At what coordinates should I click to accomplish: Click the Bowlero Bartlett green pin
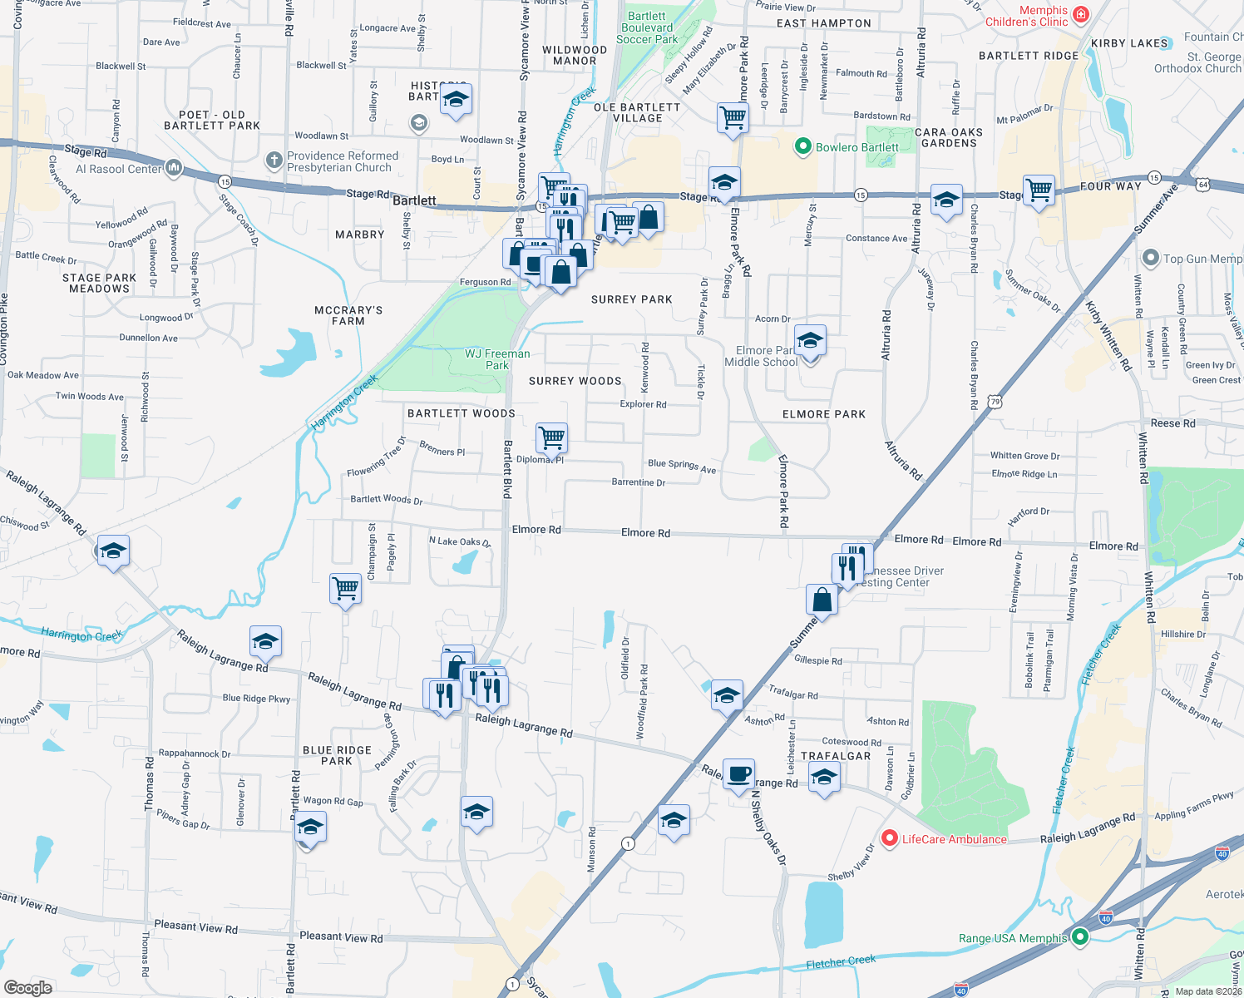[802, 147]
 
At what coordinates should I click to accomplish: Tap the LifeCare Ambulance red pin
[889, 838]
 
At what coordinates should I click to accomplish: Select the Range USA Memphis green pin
[1080, 937]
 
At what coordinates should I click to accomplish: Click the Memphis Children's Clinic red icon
[1080, 14]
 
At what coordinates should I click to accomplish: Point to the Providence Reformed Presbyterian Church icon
[274, 160]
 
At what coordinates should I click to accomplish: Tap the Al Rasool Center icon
[174, 168]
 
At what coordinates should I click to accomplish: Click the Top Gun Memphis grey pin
[1150, 258]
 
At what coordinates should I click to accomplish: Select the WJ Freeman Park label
[497, 359]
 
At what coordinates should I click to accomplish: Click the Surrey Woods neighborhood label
[575, 381]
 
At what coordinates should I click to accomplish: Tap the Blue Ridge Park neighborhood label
[337, 755]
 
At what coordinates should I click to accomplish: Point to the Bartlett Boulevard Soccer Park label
[647, 27]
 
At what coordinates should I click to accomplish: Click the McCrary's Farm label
[348, 315]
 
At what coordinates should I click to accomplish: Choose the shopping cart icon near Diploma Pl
[552, 437]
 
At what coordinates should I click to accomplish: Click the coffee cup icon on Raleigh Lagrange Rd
[738, 774]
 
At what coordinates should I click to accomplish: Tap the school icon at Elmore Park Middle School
[810, 340]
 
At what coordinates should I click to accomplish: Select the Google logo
[28, 987]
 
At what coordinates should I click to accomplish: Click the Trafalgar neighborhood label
[836, 756]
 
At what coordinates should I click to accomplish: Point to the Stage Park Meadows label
[99, 284]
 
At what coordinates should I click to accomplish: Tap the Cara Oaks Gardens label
[949, 138]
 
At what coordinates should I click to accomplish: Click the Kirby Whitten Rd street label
[1108, 336]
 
